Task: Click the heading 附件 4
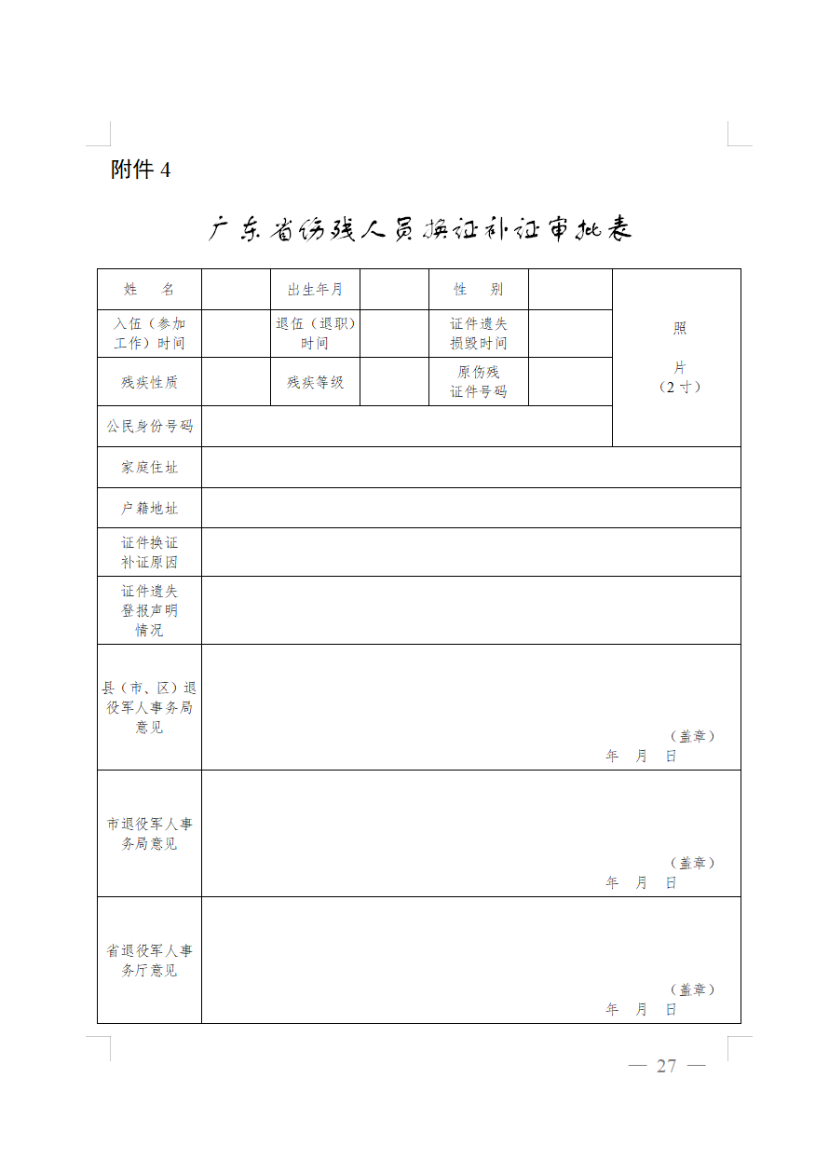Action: tap(141, 170)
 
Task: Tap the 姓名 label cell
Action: tap(149, 290)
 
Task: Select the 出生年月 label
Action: tap(315, 290)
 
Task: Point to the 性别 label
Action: tap(478, 290)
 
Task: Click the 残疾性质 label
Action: tap(149, 382)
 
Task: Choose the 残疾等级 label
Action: tap(315, 382)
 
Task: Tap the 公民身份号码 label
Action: tap(149, 426)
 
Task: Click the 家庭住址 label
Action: tap(149, 467)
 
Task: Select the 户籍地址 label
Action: tap(149, 508)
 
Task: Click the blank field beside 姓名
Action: tap(236, 290)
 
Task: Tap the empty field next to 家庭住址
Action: tap(470, 467)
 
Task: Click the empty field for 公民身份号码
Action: tap(406, 426)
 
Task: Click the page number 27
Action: tap(666, 1066)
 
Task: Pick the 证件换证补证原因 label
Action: tap(149, 552)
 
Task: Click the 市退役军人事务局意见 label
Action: tap(149, 834)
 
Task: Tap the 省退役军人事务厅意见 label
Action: tap(149, 961)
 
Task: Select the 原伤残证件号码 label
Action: tap(478, 382)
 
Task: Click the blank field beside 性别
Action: tap(570, 290)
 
